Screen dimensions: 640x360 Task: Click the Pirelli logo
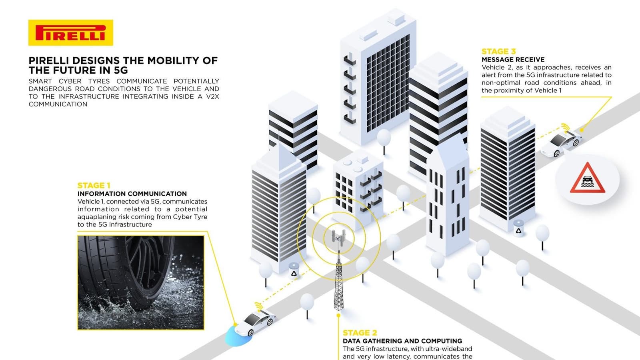point(70,32)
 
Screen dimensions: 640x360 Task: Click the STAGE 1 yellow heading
point(94,186)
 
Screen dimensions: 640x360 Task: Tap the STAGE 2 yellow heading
point(360,333)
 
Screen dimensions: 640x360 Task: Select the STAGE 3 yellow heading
point(498,52)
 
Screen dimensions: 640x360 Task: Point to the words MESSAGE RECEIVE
point(513,60)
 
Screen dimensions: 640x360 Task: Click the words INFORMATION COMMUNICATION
point(132,194)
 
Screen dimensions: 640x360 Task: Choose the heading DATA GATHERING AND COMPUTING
point(402,341)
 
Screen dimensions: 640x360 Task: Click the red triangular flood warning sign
point(587,178)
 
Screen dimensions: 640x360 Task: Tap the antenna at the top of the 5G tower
point(338,238)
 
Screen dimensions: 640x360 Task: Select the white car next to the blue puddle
point(255,322)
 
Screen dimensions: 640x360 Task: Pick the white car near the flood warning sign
point(561,144)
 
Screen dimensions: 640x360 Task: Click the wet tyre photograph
point(140,282)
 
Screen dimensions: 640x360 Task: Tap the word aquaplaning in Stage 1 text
point(95,217)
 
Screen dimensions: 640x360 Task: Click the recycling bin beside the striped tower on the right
point(518,228)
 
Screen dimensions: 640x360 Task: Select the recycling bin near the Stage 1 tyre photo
point(294,271)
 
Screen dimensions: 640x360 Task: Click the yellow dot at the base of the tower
point(338,316)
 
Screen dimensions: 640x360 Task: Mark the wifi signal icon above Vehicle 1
point(258,306)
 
